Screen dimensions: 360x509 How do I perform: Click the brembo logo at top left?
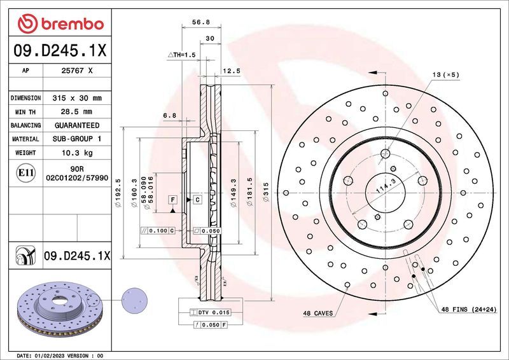[x=61, y=24]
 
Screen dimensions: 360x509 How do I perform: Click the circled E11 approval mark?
[x=25, y=172]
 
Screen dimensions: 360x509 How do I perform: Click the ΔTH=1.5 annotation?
[x=181, y=55]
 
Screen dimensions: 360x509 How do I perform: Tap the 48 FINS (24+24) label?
[x=470, y=309]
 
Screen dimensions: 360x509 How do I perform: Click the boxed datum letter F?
[x=172, y=200]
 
